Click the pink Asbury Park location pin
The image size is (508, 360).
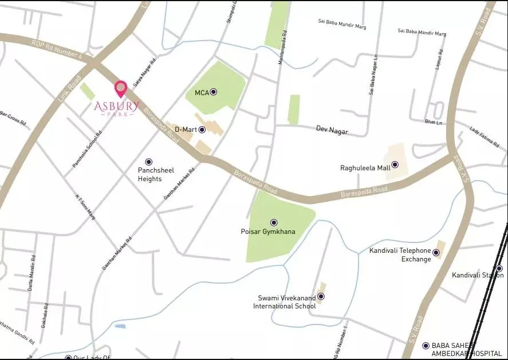coord(121,89)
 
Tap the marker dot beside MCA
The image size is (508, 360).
coord(214,92)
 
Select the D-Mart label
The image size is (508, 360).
coord(186,130)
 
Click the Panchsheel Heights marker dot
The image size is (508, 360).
coord(149,162)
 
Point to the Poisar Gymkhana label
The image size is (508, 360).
coord(268,232)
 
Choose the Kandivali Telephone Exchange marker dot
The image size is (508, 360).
coord(436,252)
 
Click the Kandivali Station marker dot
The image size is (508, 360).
coord(499,268)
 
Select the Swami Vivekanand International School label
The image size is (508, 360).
coord(285,302)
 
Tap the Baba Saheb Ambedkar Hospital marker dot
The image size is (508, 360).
coord(426,346)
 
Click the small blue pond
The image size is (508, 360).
coord(120,326)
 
